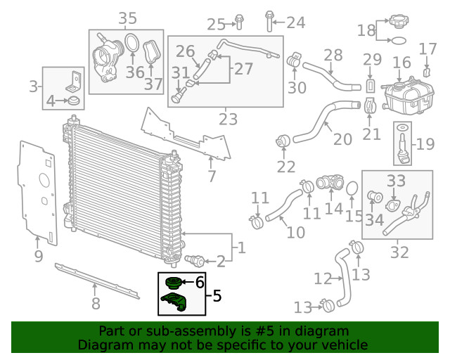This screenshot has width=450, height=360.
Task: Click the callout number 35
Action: coord(128,18)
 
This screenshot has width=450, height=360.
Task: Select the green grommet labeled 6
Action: coord(174,283)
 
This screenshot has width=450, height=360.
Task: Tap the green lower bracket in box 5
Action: coord(174,302)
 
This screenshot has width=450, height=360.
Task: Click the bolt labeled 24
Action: coord(269,21)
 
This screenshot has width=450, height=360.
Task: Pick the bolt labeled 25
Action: coord(239,22)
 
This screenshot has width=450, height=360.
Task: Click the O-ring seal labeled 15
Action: coord(352,189)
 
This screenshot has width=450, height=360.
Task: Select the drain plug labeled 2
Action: coord(195,260)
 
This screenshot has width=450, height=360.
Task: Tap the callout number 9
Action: coord(39,256)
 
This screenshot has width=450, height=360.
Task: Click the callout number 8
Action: coord(96,303)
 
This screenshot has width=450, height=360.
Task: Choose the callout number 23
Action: coord(228,119)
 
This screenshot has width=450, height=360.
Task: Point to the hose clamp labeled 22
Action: coord(283,141)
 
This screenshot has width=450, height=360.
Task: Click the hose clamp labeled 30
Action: coord(294,60)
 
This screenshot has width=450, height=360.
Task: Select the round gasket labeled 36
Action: coord(131,43)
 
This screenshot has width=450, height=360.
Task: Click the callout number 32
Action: coord(399,252)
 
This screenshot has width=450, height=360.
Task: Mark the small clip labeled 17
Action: coord(427,72)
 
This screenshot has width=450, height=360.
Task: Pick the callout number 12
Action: coord(323,278)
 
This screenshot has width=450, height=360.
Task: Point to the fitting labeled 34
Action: coord(375,197)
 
